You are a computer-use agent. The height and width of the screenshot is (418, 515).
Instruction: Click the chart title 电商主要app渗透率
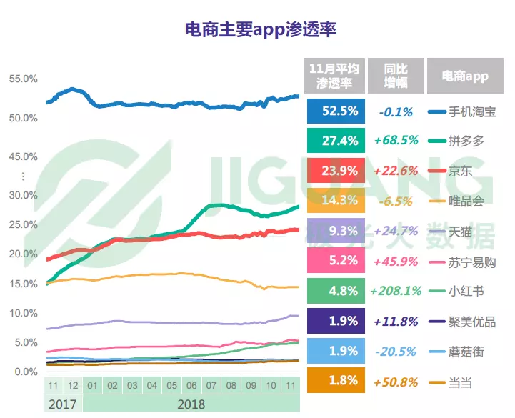pyautogui.click(x=261, y=29)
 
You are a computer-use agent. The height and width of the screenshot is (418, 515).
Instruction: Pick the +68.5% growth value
pyautogui.click(x=396, y=141)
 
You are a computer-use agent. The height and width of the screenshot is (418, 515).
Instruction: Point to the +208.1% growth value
pyautogui.click(x=396, y=291)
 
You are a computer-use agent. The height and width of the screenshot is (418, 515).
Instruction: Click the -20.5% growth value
pyautogui.click(x=396, y=351)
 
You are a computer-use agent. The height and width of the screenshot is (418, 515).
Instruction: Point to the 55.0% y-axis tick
pyautogui.click(x=24, y=79)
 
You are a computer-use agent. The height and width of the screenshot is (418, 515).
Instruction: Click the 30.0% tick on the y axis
pyautogui.click(x=24, y=195)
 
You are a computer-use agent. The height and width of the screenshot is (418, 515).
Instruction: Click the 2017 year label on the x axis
pyautogui.click(x=62, y=404)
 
